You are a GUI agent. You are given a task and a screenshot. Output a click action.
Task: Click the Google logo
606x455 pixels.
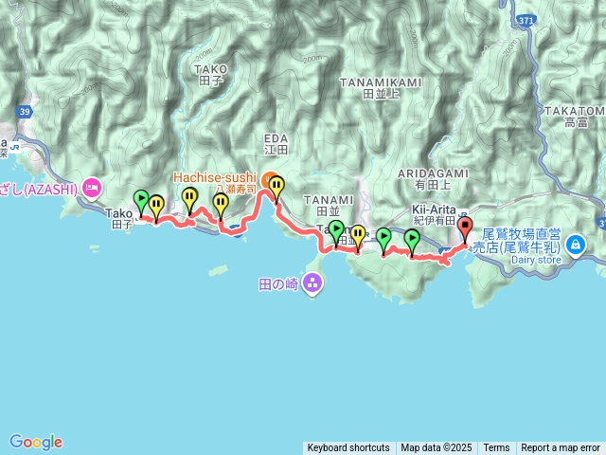click(x=36, y=442)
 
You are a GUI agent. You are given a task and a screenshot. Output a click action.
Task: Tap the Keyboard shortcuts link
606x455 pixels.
click(x=348, y=448)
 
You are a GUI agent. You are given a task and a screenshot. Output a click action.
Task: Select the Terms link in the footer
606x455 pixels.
click(x=496, y=448)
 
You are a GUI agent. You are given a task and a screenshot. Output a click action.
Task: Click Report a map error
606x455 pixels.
click(x=561, y=448)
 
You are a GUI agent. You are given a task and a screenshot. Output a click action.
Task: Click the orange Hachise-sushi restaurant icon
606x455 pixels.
click(x=268, y=176)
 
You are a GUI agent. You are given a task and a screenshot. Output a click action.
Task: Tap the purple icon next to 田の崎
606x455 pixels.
click(x=312, y=282)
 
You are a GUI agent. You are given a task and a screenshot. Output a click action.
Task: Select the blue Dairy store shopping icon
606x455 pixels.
click(x=576, y=246)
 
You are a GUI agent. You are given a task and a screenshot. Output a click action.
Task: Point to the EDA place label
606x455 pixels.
click(x=276, y=138)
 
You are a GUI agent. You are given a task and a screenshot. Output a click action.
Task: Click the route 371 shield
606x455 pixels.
click(x=526, y=19)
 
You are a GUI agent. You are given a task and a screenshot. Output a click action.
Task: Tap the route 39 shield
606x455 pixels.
click(x=24, y=112)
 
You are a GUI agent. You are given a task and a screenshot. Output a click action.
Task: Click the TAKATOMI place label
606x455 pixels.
click(x=575, y=111)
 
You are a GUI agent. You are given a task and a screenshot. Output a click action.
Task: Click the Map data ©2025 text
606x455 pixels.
click(x=436, y=448)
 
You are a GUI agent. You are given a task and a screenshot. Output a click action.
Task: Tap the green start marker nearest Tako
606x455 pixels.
click(x=141, y=201)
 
